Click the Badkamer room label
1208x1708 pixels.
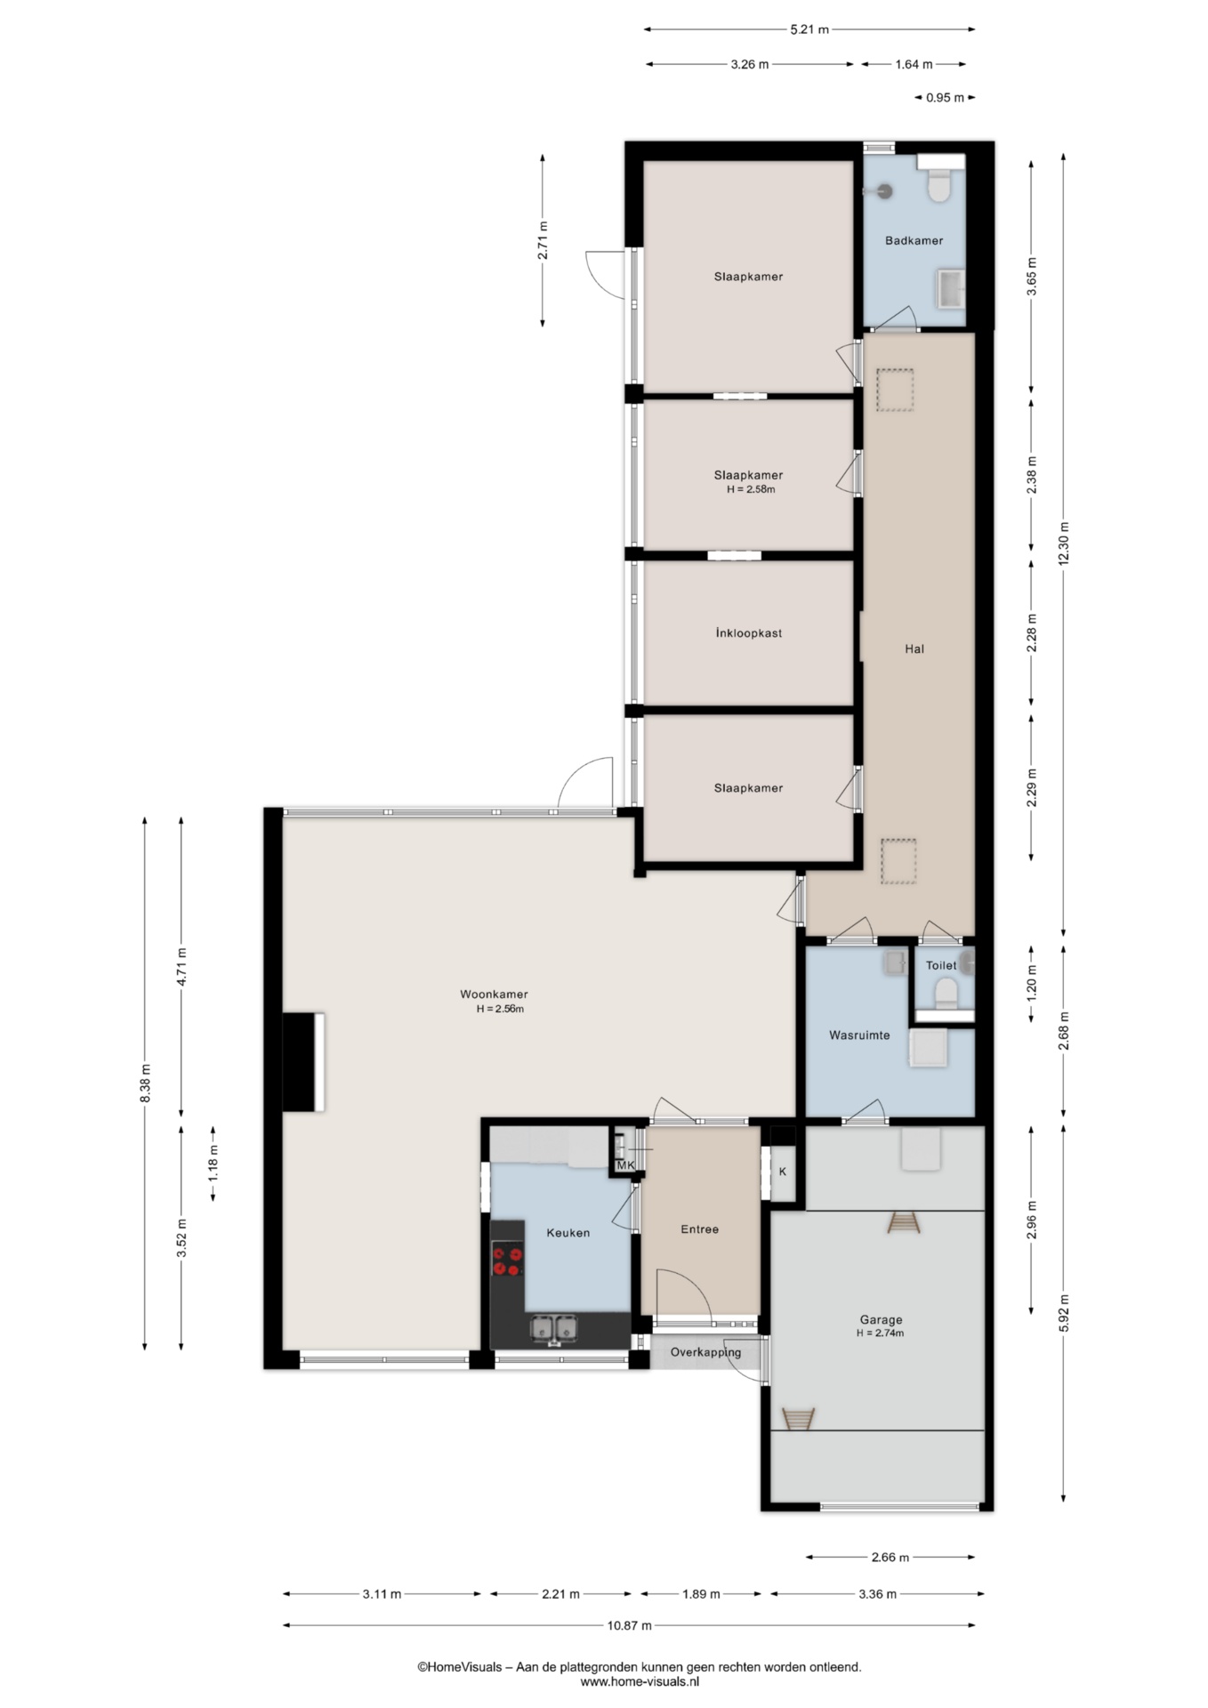(x=914, y=240)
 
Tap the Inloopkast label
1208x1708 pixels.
(x=748, y=633)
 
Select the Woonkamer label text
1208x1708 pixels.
(x=494, y=995)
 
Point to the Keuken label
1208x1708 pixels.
(x=568, y=1233)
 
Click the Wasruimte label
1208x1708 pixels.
(x=859, y=1035)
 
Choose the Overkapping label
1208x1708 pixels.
(x=705, y=1352)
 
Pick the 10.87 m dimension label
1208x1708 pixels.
(x=630, y=1625)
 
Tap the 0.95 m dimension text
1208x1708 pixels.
(x=945, y=98)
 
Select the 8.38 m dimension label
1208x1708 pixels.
(x=145, y=1083)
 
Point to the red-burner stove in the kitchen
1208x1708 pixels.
(x=508, y=1261)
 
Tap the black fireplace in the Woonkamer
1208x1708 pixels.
(x=303, y=1061)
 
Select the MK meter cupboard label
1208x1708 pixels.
(x=625, y=1165)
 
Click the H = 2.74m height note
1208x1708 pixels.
(x=880, y=1333)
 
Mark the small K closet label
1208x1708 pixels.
(x=783, y=1172)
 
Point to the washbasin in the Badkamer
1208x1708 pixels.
(x=950, y=290)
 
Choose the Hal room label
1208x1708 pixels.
(x=914, y=649)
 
